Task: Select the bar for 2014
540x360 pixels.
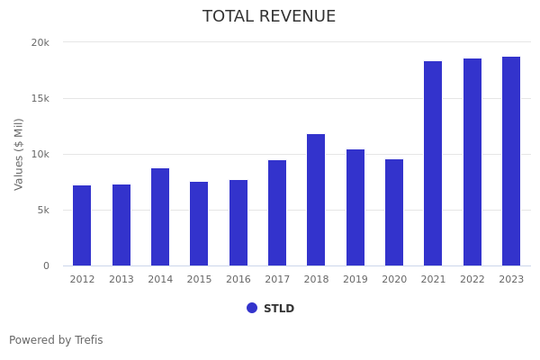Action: (160, 217)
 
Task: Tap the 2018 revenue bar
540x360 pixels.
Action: (316, 200)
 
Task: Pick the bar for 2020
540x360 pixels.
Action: (394, 212)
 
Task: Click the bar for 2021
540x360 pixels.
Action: (433, 163)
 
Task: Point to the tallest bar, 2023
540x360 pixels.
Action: (511, 161)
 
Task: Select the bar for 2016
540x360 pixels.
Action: (238, 222)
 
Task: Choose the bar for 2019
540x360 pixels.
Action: (355, 207)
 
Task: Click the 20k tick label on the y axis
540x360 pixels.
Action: (40, 42)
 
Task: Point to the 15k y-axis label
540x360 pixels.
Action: (40, 98)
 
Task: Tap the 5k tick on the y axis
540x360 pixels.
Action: (43, 210)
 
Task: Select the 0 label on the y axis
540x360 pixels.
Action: (46, 265)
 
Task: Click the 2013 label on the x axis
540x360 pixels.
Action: (121, 280)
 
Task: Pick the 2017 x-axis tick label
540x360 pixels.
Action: (277, 280)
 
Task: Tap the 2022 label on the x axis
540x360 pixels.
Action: (472, 280)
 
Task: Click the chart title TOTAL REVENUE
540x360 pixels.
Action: (269, 17)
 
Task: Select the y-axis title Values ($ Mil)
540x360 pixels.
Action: (19, 154)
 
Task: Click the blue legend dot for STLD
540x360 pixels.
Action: (252, 308)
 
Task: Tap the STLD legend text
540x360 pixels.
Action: (279, 309)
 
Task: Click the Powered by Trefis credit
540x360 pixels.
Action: (56, 340)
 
